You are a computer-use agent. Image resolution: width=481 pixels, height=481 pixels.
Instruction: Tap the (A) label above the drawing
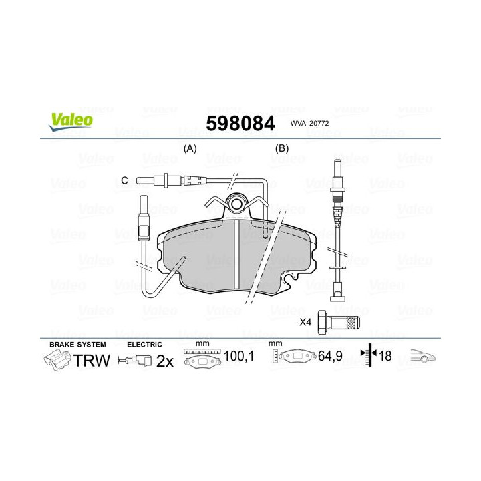point(190,148)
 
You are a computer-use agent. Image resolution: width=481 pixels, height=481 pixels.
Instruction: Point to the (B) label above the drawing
point(282,148)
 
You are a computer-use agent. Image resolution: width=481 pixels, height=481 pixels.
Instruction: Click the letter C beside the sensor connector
point(124,180)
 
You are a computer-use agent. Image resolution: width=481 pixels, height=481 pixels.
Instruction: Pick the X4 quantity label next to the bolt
point(306,321)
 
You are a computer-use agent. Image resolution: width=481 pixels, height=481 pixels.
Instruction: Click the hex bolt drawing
point(339,321)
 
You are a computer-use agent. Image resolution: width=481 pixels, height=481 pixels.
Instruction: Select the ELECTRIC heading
point(144,344)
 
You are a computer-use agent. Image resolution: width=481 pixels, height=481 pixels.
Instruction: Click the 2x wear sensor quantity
point(165,361)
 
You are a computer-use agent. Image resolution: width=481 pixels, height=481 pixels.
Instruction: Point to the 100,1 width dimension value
point(239,357)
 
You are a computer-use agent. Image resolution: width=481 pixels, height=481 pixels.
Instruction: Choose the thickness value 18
point(386,357)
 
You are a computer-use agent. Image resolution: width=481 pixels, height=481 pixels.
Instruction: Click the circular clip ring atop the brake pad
point(236,201)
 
